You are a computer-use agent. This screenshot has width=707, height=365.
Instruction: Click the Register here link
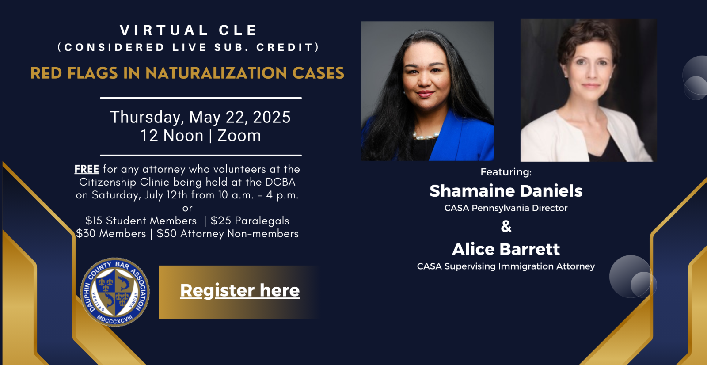240,290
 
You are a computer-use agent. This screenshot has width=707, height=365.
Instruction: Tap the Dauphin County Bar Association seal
115,292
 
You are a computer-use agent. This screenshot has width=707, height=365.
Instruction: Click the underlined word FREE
87,169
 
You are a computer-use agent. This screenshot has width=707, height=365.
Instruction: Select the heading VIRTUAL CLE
189,30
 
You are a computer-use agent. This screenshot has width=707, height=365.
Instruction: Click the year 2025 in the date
271,117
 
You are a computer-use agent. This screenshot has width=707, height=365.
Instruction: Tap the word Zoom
239,136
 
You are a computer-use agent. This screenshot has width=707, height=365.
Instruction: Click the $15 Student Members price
141,221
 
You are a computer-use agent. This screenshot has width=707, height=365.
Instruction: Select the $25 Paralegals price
250,221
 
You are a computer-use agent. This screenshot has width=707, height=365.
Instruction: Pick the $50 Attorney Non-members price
228,234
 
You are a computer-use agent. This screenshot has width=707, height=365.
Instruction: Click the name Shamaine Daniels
506,191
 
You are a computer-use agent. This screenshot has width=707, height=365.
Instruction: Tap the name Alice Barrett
506,249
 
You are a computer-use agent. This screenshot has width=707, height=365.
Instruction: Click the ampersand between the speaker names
506,226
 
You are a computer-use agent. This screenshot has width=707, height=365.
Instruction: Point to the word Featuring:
506,172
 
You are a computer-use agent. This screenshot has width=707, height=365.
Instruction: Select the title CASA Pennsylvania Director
506,208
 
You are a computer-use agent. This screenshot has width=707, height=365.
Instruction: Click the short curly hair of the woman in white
587,36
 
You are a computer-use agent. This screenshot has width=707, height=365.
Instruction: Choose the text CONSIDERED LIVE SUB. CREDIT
189,47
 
